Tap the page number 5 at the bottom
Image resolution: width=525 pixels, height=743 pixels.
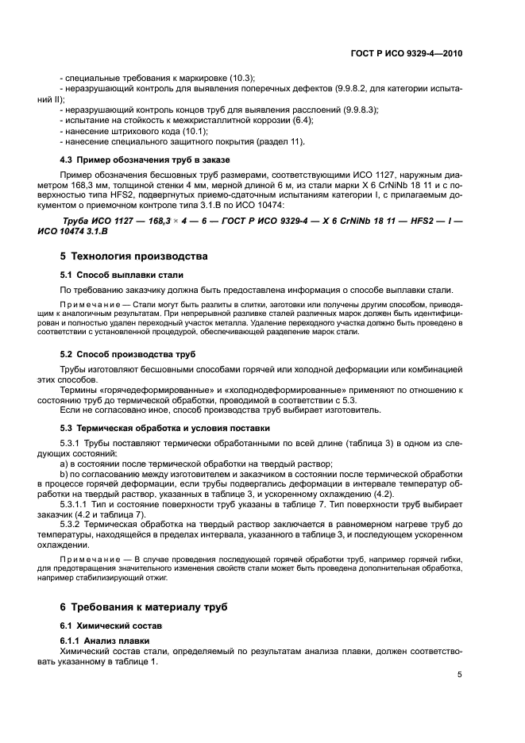[x=460, y=675]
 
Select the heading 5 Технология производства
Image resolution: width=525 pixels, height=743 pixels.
[x=134, y=256]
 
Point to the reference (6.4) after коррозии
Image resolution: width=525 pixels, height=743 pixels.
[x=298, y=120]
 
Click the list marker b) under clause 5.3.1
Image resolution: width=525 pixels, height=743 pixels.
[x=64, y=472]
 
